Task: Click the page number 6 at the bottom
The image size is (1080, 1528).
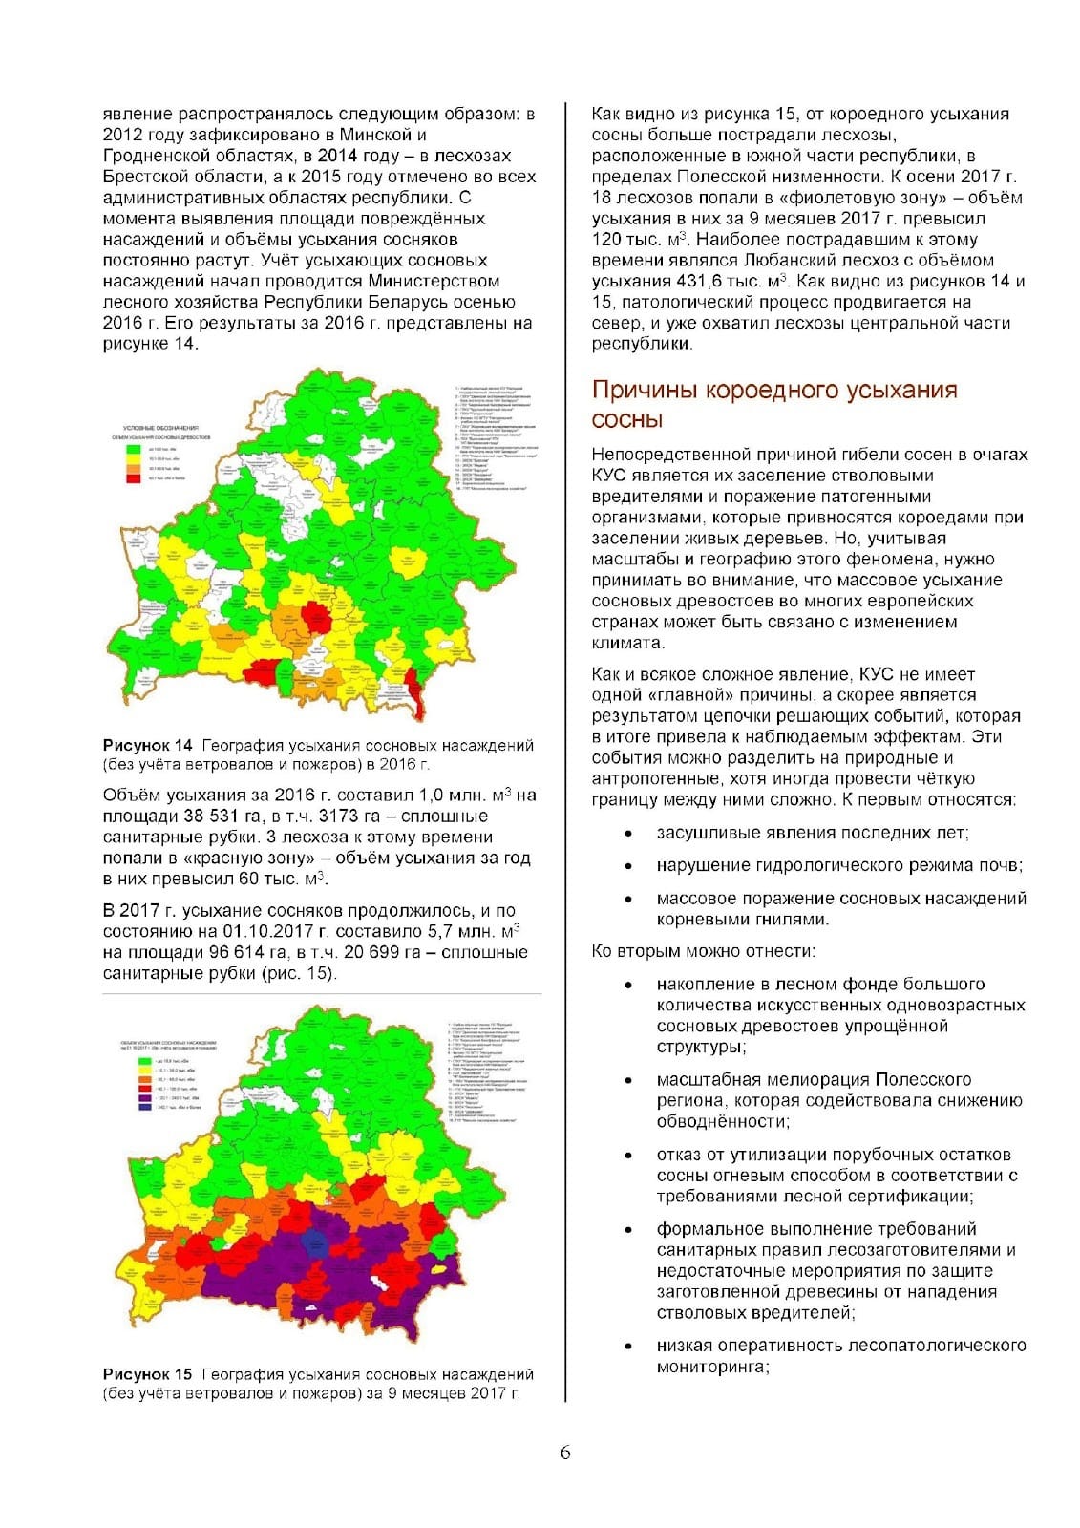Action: [x=565, y=1453]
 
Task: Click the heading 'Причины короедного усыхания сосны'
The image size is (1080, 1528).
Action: [x=773, y=404]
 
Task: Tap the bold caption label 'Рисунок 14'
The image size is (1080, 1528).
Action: [x=148, y=746]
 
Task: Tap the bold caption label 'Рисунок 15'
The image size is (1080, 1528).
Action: [x=148, y=1374]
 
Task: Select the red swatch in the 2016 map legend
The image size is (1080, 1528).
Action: [x=134, y=477]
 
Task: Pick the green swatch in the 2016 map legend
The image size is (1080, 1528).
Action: [x=134, y=447]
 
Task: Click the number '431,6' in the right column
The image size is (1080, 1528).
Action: [x=700, y=281]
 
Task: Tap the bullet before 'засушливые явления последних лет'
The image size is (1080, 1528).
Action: [x=627, y=834]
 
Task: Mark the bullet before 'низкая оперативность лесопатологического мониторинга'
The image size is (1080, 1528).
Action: [x=627, y=1347]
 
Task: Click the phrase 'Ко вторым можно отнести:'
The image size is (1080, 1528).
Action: [x=704, y=951]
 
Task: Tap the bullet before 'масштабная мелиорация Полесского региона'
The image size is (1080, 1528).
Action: [x=627, y=1080]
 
